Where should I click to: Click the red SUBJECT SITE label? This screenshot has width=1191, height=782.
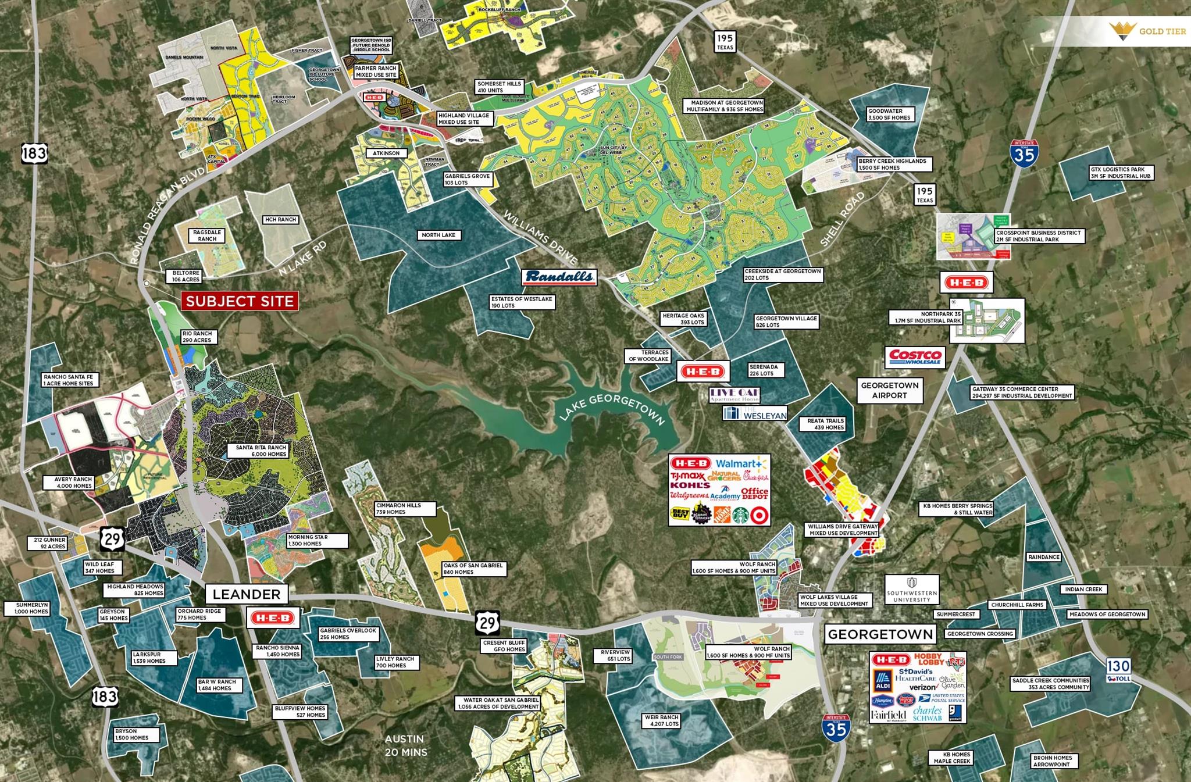point(240,301)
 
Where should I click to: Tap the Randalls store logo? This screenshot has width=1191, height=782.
point(559,277)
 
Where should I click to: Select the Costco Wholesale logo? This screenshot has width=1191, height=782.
point(915,357)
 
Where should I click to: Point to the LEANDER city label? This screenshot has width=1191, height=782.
point(247,594)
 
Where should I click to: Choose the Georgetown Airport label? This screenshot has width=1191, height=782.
point(889,390)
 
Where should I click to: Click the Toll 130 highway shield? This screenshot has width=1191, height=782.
point(1118,670)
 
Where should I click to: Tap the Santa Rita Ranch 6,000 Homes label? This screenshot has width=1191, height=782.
point(261,451)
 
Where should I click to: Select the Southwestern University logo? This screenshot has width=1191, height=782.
point(912,590)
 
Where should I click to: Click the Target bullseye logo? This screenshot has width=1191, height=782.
point(759,515)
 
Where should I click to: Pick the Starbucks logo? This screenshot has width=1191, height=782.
point(740,515)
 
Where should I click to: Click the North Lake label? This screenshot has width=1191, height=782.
point(438,235)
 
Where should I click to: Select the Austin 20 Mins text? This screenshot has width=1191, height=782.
point(405,745)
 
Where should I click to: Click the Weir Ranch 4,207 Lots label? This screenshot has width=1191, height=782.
point(661,720)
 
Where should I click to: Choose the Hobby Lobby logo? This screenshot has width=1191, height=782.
point(929,659)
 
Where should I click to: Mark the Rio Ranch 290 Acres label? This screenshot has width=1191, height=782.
point(197,337)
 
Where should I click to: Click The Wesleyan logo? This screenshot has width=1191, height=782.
point(755,413)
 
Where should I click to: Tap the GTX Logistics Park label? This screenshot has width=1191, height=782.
point(1120,173)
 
